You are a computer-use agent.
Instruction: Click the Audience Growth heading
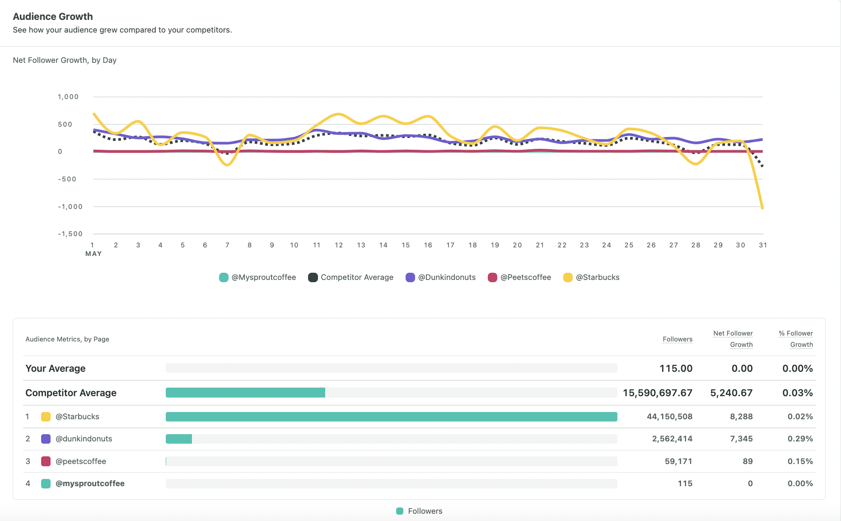pyautogui.click(x=53, y=17)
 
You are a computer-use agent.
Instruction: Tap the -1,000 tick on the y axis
pyautogui.click(x=70, y=207)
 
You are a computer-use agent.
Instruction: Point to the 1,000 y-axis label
pyautogui.click(x=68, y=97)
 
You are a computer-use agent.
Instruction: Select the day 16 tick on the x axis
pyautogui.click(x=428, y=245)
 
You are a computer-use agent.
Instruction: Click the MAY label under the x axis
pyautogui.click(x=93, y=254)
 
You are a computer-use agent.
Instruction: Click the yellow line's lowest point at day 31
pyautogui.click(x=762, y=208)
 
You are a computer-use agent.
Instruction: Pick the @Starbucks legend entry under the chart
pyautogui.click(x=591, y=277)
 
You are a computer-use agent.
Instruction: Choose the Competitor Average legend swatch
pyautogui.click(x=313, y=277)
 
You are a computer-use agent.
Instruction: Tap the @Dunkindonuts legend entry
pyautogui.click(x=441, y=277)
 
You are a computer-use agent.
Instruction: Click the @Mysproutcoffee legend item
pyautogui.click(x=257, y=277)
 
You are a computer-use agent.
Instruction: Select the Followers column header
pyautogui.click(x=677, y=339)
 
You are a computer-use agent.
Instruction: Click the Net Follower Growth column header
pyautogui.click(x=733, y=339)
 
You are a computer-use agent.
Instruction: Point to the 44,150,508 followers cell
pyautogui.click(x=669, y=417)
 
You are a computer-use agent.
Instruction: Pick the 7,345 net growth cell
pyautogui.click(x=741, y=439)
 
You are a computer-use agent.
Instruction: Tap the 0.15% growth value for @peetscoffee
pyautogui.click(x=800, y=461)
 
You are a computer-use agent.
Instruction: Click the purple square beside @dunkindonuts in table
pyautogui.click(x=46, y=439)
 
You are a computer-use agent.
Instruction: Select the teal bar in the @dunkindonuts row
pyautogui.click(x=179, y=439)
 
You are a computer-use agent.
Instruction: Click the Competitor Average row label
pyautogui.click(x=71, y=393)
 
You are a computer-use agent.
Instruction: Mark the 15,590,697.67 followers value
pyautogui.click(x=657, y=393)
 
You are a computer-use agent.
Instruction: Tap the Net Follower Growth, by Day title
pyautogui.click(x=65, y=60)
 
